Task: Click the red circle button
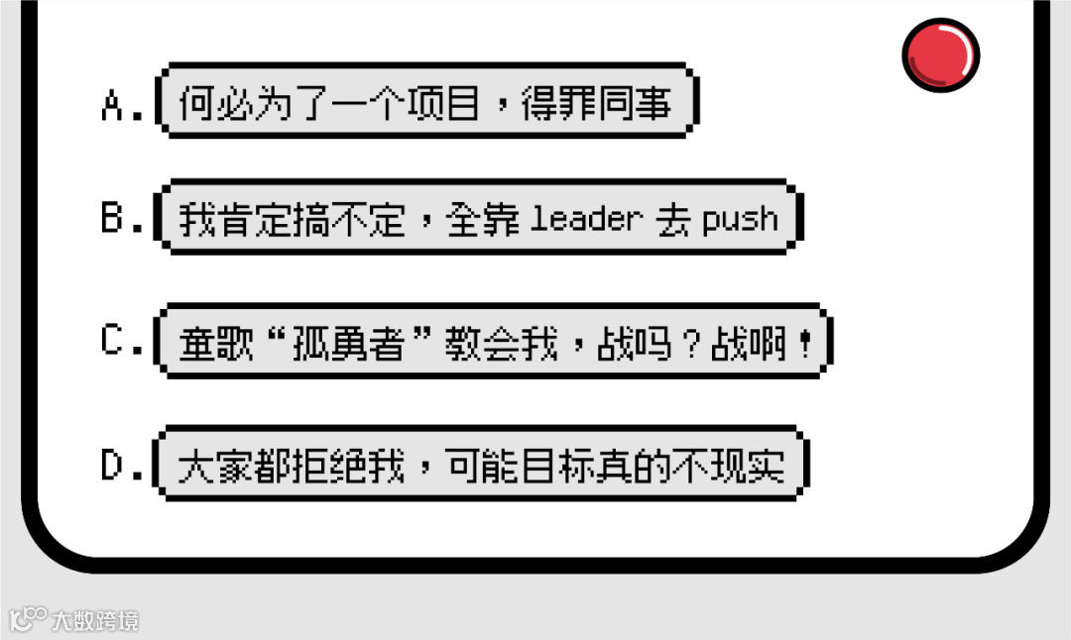[x=940, y=53]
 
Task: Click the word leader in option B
[x=586, y=219]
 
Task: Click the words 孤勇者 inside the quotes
[x=347, y=343]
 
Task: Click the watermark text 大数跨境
[x=96, y=621]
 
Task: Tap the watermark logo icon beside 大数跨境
[x=27, y=620]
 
